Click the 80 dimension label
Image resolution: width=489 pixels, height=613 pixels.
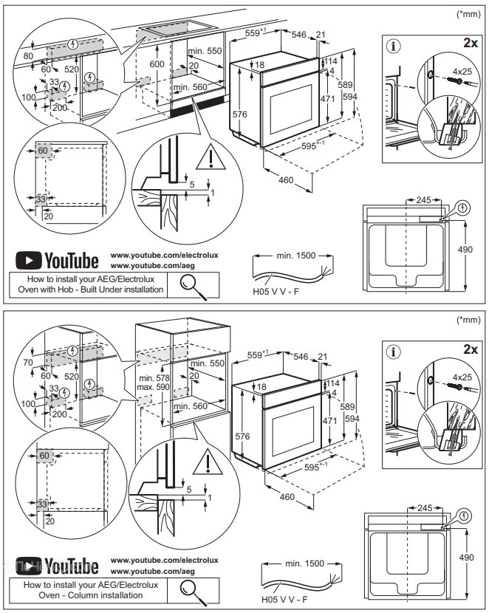coord(28,55)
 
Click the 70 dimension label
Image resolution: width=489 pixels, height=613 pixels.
coord(28,362)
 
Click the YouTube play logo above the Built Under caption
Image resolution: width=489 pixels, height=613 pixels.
coord(29,261)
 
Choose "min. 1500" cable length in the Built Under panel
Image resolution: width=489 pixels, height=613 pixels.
coord(296,256)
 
